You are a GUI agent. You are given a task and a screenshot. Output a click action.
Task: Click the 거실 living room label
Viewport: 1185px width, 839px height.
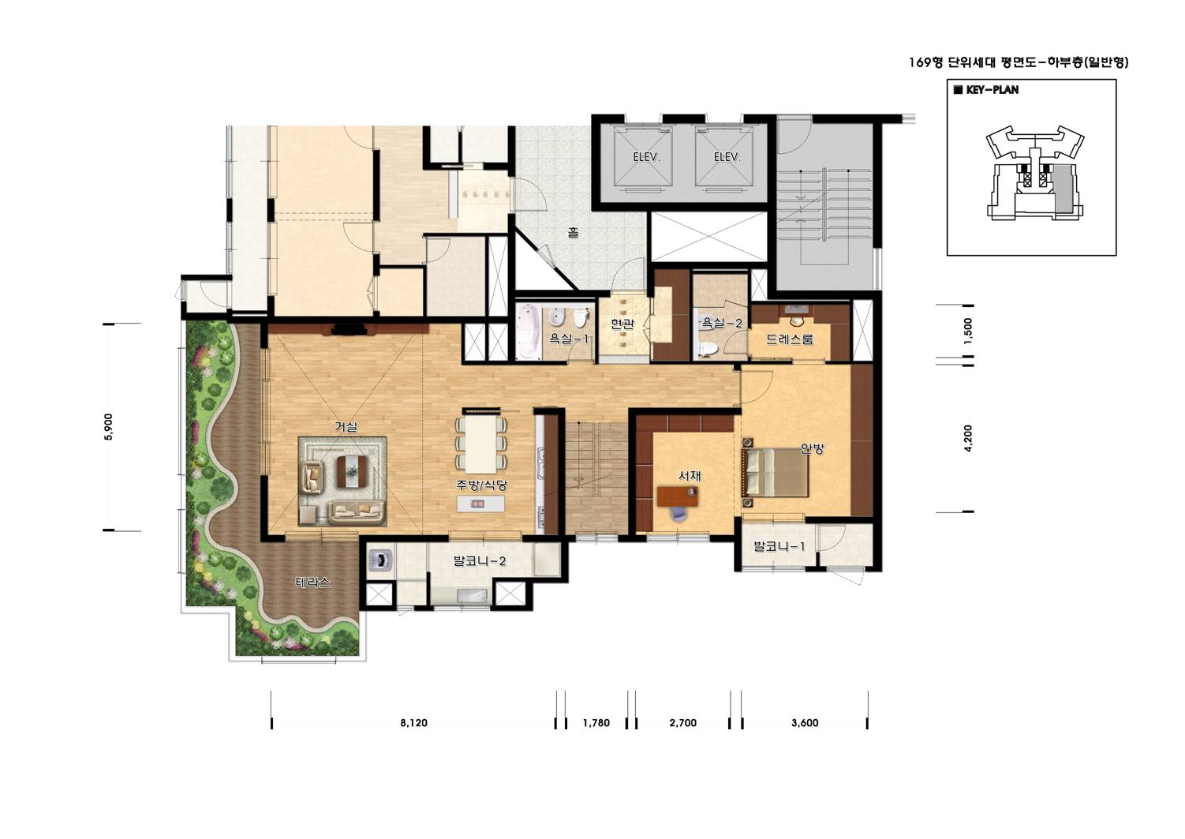tap(346, 427)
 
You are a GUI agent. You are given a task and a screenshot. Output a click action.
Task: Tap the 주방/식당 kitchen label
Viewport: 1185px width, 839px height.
tap(481, 485)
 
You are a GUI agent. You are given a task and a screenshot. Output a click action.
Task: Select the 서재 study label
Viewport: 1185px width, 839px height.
tap(690, 476)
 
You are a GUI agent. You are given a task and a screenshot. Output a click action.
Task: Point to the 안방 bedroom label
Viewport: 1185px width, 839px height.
tap(812, 449)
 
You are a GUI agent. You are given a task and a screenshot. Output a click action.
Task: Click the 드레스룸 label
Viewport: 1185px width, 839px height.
tap(789, 339)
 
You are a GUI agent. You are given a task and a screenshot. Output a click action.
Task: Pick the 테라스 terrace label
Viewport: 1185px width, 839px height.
tap(312, 582)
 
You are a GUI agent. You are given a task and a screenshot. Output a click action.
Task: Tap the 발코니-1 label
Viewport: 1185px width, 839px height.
tap(779, 545)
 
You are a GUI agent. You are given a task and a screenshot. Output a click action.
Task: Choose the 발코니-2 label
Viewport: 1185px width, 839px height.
tap(480, 560)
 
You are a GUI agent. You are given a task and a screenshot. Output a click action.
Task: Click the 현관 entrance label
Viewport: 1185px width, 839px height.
tap(622, 324)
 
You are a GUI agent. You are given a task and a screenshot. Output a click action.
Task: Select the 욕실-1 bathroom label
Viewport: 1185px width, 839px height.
tap(569, 339)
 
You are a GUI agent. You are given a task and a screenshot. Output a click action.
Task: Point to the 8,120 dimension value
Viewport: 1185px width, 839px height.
tap(413, 722)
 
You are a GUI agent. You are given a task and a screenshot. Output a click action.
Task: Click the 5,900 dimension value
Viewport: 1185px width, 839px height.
tap(109, 427)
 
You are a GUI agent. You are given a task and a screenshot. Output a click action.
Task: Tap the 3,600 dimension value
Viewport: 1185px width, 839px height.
tap(805, 722)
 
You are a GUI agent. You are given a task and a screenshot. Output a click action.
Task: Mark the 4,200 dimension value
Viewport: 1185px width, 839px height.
tap(968, 438)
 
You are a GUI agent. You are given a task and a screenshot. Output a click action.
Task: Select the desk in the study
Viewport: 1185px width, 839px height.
tap(678, 496)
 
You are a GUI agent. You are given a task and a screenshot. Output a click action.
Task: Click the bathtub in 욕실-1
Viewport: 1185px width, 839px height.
tap(529, 331)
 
